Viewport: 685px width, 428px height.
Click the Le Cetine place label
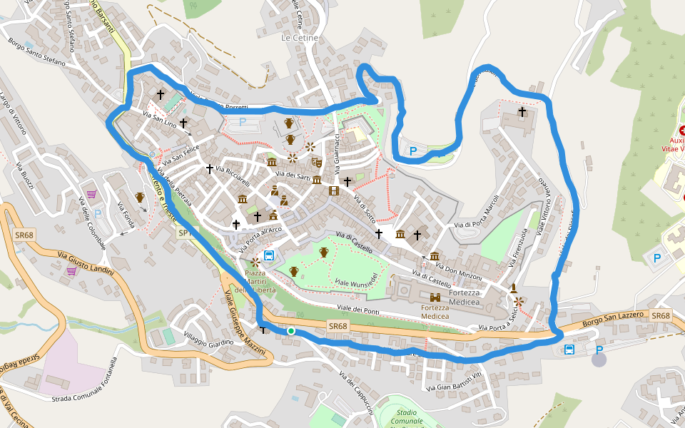coord(300,37)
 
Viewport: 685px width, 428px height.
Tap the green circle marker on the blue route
coord(291,331)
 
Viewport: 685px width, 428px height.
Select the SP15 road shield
coord(185,233)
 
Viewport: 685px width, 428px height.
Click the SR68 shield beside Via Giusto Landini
coord(24,235)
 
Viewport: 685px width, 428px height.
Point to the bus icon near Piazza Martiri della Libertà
coord(270,256)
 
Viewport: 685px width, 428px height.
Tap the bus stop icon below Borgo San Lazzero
coord(569,350)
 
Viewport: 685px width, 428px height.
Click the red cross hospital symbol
coord(682,131)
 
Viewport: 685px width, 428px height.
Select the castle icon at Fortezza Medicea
coord(435,297)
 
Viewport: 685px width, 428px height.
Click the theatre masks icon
coord(316,163)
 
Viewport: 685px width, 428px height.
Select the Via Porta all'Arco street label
coord(261,238)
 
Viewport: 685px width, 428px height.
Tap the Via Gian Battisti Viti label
coord(455,379)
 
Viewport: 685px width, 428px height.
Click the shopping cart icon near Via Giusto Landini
coord(71,271)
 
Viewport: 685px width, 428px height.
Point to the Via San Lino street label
coord(160,119)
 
